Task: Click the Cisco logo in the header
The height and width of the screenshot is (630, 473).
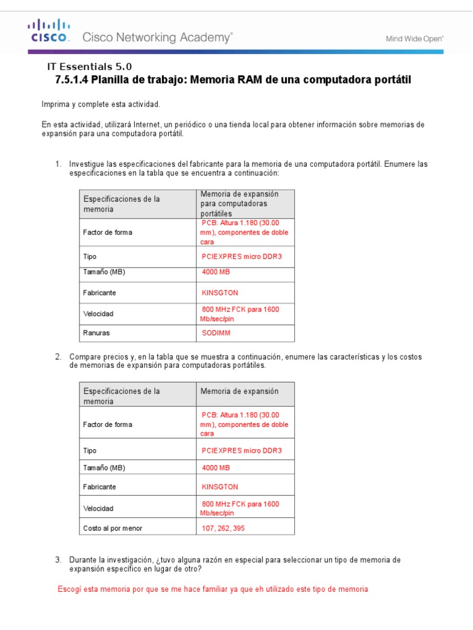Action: (x=48, y=31)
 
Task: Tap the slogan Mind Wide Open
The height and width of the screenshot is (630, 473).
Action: (x=414, y=38)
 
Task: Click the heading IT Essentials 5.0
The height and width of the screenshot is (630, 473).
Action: (x=89, y=67)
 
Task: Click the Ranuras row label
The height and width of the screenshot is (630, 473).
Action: (x=97, y=333)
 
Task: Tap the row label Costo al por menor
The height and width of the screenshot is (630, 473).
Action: (x=113, y=528)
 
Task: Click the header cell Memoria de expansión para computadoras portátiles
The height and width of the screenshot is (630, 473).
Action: (x=239, y=203)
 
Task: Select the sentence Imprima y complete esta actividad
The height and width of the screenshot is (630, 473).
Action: (x=101, y=105)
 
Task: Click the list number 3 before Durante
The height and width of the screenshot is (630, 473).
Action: (x=58, y=560)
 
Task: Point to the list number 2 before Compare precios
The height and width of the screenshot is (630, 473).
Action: (x=58, y=357)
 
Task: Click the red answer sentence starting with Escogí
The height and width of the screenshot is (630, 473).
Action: (x=212, y=589)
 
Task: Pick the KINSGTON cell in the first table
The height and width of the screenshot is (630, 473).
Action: (x=220, y=293)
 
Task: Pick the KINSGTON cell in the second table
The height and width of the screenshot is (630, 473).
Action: (x=220, y=487)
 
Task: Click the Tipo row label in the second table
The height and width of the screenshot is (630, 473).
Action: (x=90, y=450)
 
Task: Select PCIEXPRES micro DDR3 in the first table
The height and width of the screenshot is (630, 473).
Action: (x=241, y=257)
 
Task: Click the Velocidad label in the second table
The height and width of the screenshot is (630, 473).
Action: (x=99, y=509)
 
